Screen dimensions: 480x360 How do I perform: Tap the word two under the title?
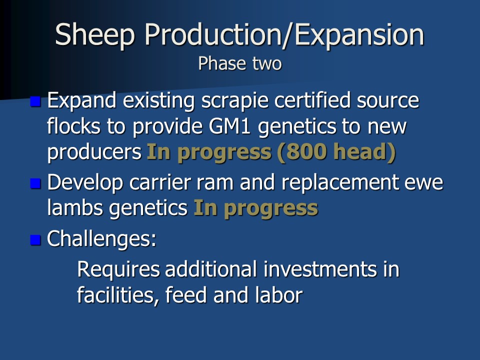(x=266, y=64)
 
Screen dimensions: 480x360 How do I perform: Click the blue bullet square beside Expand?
(x=35, y=101)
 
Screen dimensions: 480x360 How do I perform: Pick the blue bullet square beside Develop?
(x=35, y=183)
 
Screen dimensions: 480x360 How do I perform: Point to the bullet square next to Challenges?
(x=35, y=239)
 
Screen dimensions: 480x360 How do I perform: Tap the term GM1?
(x=230, y=126)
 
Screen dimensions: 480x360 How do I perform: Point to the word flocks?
(x=74, y=126)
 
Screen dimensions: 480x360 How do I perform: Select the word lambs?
(x=75, y=208)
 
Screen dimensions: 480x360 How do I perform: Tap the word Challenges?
(x=101, y=239)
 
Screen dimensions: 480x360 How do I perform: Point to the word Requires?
(x=118, y=270)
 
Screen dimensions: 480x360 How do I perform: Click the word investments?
(x=320, y=269)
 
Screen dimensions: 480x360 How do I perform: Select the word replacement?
(x=340, y=183)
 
